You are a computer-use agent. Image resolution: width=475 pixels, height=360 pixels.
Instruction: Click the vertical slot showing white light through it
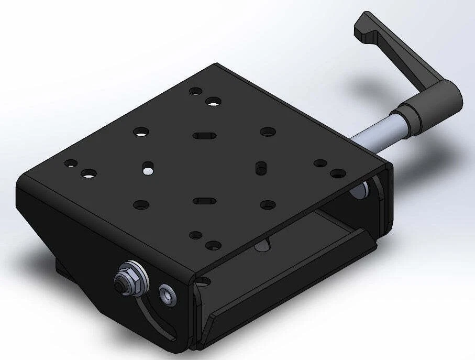pos(148,168)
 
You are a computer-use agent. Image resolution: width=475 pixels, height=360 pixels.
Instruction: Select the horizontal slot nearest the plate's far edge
pos(204,136)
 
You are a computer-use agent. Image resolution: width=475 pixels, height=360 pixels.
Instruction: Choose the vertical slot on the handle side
pos(259,168)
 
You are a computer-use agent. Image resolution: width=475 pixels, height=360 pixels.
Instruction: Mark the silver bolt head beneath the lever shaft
pos(358,190)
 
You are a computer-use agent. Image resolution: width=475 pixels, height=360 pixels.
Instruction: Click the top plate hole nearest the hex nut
pos(141,205)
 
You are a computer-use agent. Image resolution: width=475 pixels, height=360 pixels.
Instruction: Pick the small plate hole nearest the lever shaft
pos(319,163)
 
